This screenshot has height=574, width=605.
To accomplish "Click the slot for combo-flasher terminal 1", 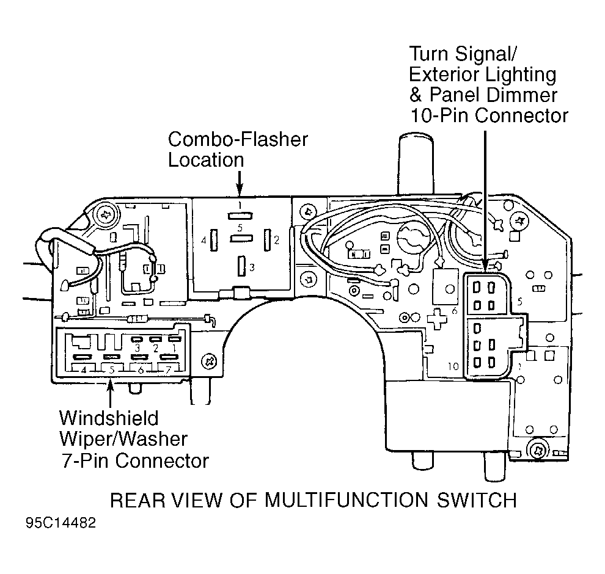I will (x=240, y=215).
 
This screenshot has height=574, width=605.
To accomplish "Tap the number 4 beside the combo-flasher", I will (x=204, y=241).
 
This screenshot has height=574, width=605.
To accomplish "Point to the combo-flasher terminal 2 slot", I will (x=267, y=239).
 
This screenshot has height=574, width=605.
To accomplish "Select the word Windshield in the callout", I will (x=109, y=419).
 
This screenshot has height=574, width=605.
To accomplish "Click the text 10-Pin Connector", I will (x=489, y=115).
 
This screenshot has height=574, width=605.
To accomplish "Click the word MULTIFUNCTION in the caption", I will (x=348, y=501).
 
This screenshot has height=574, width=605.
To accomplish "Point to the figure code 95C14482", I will (x=60, y=524).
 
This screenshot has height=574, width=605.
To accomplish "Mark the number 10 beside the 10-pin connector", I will (x=452, y=367).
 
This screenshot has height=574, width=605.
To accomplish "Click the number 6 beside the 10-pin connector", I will (x=455, y=311).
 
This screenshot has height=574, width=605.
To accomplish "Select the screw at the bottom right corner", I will (x=538, y=451).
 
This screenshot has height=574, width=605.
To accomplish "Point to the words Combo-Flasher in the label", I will (x=238, y=139).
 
